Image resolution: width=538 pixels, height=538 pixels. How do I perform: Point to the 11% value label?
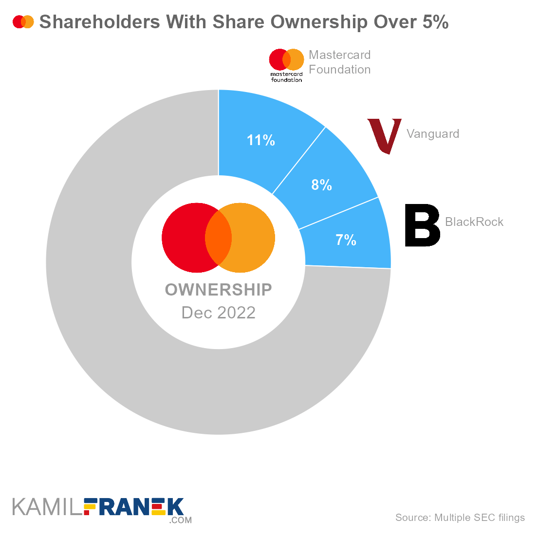tap(261, 141)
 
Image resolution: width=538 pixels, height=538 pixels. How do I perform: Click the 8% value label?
tap(322, 185)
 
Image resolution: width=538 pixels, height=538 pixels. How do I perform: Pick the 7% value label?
tap(346, 240)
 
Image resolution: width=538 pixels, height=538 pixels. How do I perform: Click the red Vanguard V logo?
tap(384, 135)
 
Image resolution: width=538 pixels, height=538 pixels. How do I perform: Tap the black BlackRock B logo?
tap(422, 225)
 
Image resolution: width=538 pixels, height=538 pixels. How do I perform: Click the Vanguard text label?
tap(433, 134)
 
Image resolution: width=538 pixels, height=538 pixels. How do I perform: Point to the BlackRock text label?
tap(474, 222)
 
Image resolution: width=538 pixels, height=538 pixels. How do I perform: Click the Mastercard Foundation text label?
tap(340, 62)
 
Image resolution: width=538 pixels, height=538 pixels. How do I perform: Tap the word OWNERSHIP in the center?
tap(218, 290)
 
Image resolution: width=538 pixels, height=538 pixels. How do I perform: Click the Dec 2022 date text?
tap(218, 313)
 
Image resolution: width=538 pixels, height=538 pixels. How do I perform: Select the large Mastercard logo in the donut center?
tap(218, 238)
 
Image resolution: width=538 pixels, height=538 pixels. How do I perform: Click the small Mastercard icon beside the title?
tap(23, 22)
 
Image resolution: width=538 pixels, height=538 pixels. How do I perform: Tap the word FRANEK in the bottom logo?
tap(134, 508)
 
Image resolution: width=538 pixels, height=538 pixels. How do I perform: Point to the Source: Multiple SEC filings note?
tap(460, 518)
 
